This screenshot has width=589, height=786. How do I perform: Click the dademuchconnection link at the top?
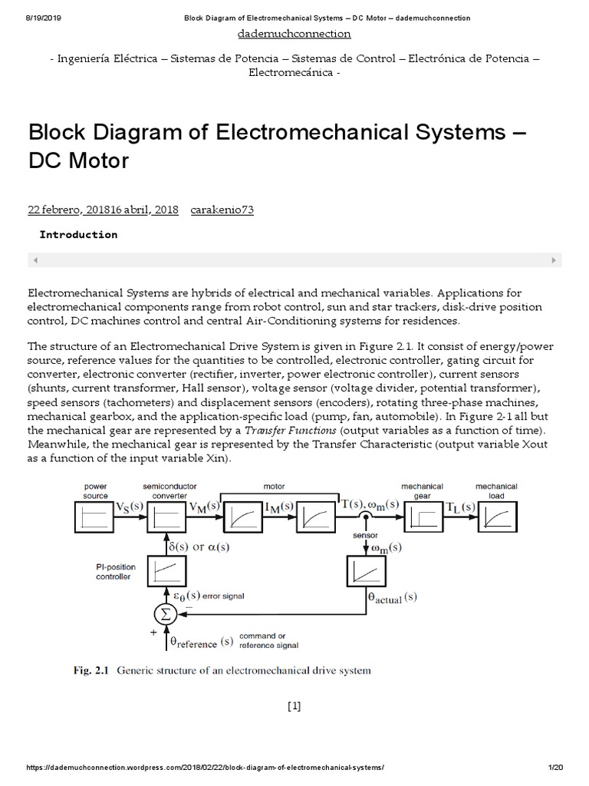[294, 34]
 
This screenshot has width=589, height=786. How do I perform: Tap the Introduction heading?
[78, 234]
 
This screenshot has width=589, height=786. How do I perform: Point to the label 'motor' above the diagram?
[274, 486]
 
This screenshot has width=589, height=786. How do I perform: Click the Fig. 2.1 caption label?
[90, 670]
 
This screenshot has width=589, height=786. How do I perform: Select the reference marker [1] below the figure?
[294, 707]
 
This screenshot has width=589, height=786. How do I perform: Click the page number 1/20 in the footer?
[556, 768]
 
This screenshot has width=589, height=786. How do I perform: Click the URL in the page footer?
[206, 768]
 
